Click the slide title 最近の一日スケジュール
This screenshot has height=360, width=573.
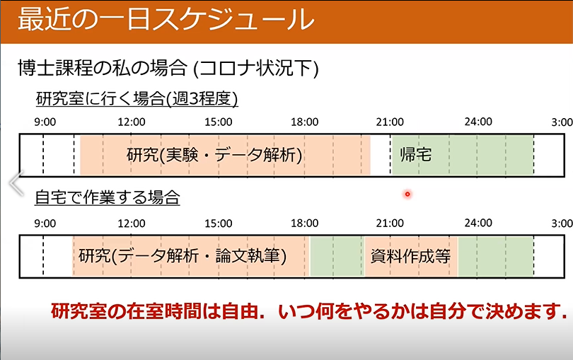click(x=166, y=19)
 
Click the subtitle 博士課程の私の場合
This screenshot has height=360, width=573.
click(x=103, y=68)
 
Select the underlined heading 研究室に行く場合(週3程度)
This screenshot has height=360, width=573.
click(x=137, y=99)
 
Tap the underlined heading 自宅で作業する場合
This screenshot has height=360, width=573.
click(x=107, y=197)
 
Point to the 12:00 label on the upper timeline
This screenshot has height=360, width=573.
click(x=131, y=122)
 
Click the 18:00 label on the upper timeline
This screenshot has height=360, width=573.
click(x=304, y=122)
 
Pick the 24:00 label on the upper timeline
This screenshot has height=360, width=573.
click(x=478, y=122)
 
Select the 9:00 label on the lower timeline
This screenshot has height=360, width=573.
click(x=45, y=223)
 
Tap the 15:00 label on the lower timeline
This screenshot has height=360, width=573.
click(x=218, y=223)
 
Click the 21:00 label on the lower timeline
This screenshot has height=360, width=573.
click(x=390, y=223)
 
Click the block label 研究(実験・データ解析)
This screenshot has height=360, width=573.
click(x=214, y=155)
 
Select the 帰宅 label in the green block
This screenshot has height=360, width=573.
click(x=415, y=155)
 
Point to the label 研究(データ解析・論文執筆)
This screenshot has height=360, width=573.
click(x=183, y=256)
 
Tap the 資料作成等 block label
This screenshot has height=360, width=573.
click(x=410, y=256)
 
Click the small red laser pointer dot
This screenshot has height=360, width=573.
click(x=407, y=194)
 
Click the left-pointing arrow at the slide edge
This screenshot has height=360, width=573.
click(x=16, y=182)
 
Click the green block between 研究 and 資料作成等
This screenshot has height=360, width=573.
click(x=337, y=256)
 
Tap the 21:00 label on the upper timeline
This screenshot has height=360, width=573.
click(x=390, y=122)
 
